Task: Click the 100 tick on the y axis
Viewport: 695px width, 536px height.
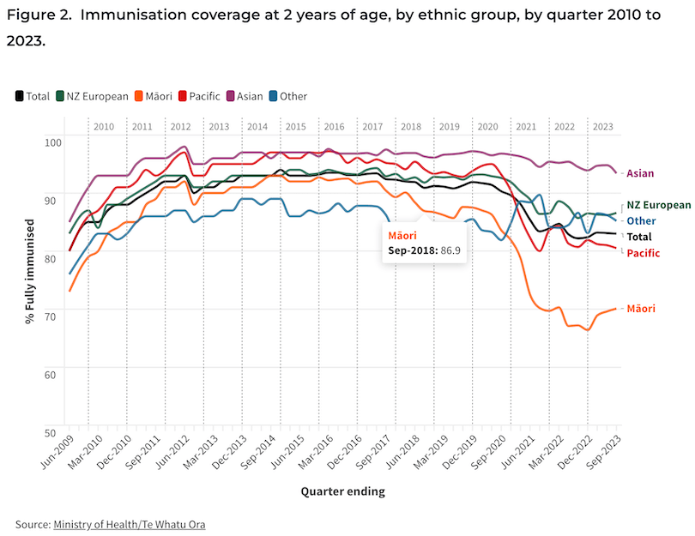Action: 52,142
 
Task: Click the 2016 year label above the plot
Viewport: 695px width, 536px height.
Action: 334,126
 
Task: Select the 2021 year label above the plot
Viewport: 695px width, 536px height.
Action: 526,126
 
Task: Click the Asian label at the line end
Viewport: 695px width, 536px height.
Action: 640,173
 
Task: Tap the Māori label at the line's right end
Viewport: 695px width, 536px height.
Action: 641,308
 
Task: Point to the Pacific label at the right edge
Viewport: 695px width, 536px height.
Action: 644,253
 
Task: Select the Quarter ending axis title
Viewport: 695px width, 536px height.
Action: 342,491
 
